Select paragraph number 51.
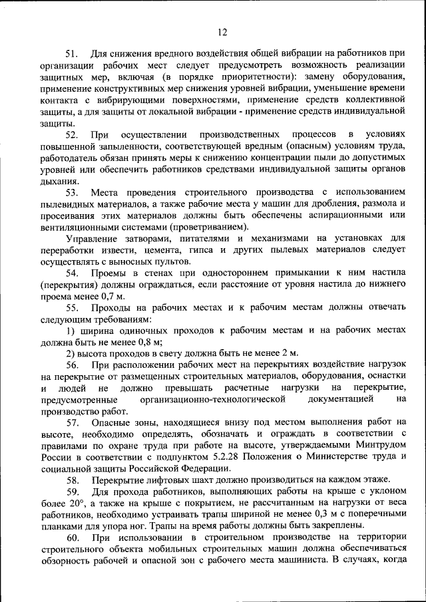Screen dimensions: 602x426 [x=73, y=54]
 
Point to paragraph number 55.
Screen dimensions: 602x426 [x=73, y=307]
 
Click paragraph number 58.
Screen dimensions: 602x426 [x=73, y=480]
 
